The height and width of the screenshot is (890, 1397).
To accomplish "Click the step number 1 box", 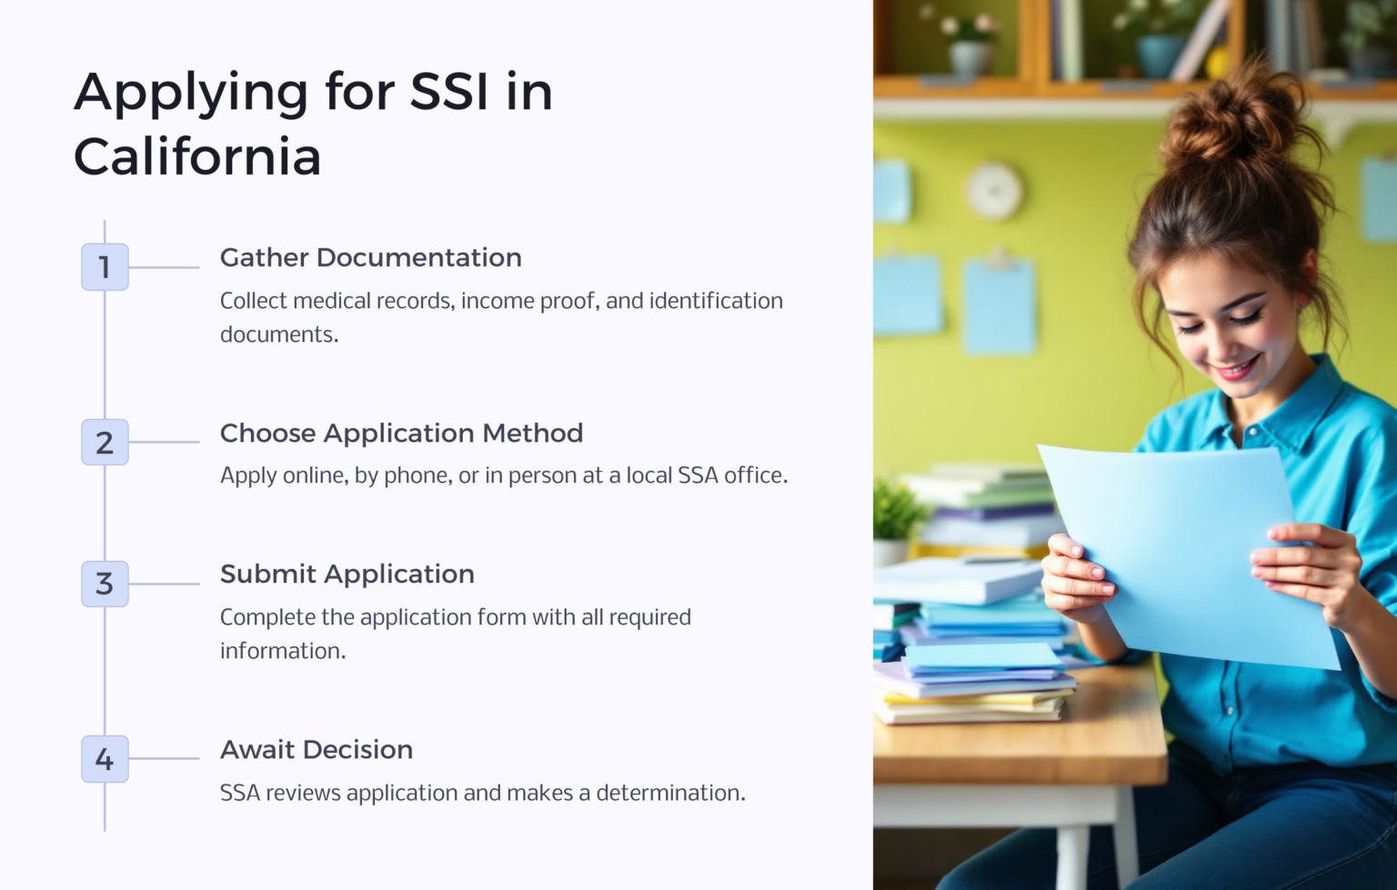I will (x=105, y=267).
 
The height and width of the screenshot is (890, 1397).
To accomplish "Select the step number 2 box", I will (x=105, y=442).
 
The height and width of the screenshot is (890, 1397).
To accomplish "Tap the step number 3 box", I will (x=105, y=584).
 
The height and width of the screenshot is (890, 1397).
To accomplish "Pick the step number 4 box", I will (x=105, y=759).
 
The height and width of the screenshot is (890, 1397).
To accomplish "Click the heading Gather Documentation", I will (x=370, y=257).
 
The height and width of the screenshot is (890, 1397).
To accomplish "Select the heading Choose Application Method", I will (x=401, y=433).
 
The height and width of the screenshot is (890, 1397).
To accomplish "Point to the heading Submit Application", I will (x=347, y=574).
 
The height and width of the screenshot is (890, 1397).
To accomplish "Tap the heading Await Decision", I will (x=316, y=749).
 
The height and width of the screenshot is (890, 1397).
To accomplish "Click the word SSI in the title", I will (x=449, y=92).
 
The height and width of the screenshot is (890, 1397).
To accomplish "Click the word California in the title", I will (x=197, y=156).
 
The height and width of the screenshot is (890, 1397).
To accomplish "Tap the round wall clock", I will (x=993, y=191).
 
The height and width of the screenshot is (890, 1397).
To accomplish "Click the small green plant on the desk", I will (x=897, y=514).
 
